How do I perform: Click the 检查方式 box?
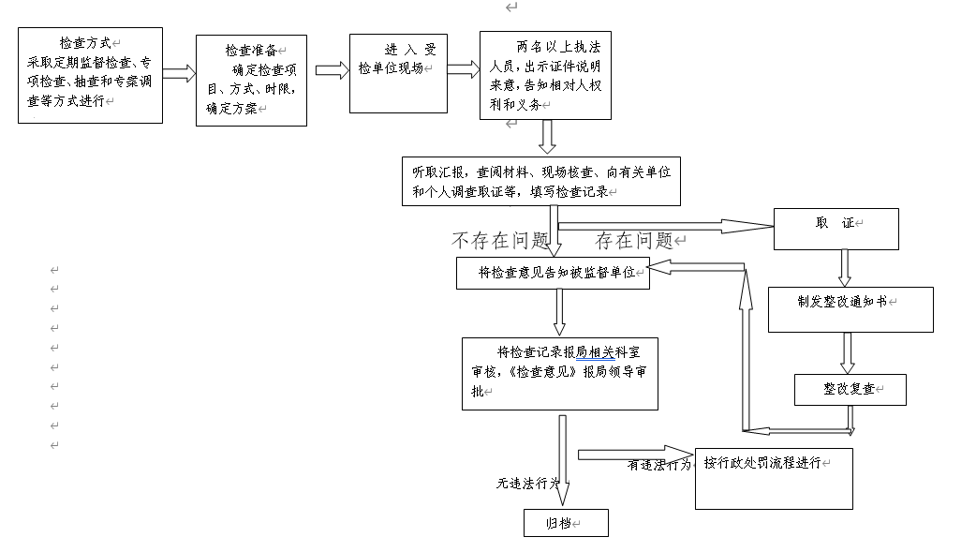pos(90,75)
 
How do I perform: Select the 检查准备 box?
pos(251,81)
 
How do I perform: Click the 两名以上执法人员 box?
pos(545,75)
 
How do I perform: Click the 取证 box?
pos(836,229)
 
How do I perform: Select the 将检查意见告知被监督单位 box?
pos(553,273)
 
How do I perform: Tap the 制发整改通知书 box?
pos(850,309)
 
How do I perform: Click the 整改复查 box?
pos(850,390)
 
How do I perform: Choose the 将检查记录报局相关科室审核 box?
pos(559,374)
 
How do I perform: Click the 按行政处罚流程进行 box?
pos(774,478)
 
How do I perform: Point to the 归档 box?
pos(566,523)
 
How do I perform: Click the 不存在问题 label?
pos(499,241)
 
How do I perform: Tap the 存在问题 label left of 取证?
pos(634,241)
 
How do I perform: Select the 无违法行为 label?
pos(527,484)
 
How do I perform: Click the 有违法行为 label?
pos(658,464)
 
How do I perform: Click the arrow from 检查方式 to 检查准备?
pos(179,73)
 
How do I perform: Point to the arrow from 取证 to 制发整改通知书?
pos(845,267)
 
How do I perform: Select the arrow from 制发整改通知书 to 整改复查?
pos(848,353)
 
